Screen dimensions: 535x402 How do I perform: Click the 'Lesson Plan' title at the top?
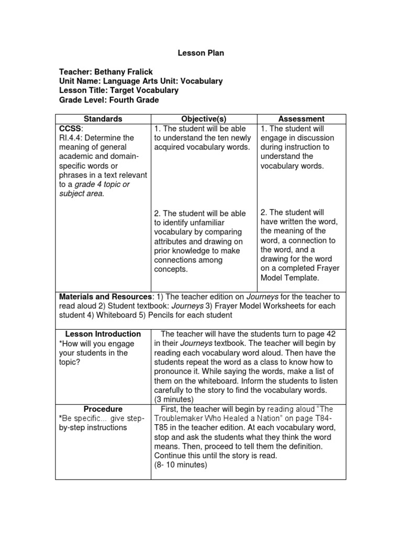click(201, 53)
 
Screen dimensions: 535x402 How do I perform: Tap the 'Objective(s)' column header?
click(204, 119)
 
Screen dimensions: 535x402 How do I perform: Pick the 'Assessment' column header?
click(301, 119)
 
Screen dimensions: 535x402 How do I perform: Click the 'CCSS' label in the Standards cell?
click(69, 129)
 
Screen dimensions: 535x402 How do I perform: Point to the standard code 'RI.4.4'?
click(71, 138)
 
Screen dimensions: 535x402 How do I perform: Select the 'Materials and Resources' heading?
click(105, 297)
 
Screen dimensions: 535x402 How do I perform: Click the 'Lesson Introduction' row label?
click(103, 334)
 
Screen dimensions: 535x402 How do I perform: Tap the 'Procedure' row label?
click(103, 409)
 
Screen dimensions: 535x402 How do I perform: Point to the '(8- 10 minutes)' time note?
click(181, 465)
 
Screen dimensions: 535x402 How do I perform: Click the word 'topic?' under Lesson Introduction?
click(70, 362)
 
